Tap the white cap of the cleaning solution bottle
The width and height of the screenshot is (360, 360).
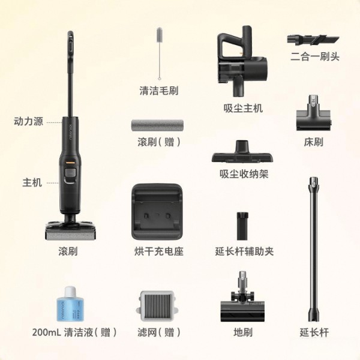[x=70, y=291]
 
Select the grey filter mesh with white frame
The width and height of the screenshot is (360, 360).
[x=158, y=306]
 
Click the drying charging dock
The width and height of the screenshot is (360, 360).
[x=157, y=211]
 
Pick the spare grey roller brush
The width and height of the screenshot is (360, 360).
[x=157, y=125]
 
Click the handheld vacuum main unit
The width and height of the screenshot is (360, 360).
[x=242, y=60]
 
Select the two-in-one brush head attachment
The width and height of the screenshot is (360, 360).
[x=313, y=40]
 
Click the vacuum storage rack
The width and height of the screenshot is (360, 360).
[x=242, y=152]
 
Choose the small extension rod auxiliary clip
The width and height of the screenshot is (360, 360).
[x=242, y=226]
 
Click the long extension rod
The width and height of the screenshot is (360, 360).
[x=313, y=249]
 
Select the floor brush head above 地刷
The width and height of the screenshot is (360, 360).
[x=242, y=296]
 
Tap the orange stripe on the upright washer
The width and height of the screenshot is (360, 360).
[x=70, y=163]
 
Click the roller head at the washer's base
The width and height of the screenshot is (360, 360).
[x=71, y=230]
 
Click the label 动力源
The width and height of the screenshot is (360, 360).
[x=28, y=121]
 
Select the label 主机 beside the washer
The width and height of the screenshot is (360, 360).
[x=32, y=182]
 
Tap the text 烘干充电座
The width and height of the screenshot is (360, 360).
[x=159, y=251]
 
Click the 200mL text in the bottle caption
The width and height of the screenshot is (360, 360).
[x=47, y=332]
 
